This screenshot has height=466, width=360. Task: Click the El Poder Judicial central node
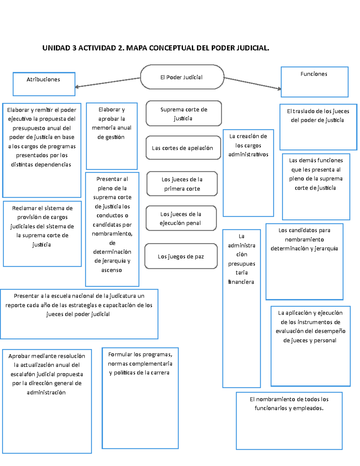coord(182,77)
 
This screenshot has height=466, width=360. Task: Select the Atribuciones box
coord(44,84)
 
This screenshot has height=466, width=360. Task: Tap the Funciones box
coord(314,82)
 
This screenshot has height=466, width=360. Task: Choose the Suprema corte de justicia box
coord(184,113)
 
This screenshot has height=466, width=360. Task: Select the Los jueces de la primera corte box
coord(182,184)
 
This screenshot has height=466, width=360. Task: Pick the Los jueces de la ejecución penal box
coord(181,218)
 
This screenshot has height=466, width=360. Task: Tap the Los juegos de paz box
coord(181,256)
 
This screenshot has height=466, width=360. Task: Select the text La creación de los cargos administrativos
coord(248,145)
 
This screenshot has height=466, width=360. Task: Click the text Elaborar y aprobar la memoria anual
coord(112,123)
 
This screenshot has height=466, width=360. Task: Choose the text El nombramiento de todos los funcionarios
coord(289,404)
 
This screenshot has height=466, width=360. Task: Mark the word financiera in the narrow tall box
coord(241,282)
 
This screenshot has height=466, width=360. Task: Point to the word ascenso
coord(112,270)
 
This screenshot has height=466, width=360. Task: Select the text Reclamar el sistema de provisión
coord(42,212)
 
